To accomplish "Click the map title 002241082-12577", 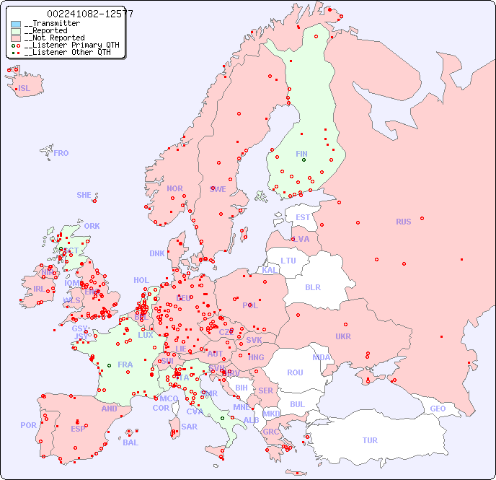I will coord(89,14).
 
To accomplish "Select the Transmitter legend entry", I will coord(51,24).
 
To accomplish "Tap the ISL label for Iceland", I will coord(25,89).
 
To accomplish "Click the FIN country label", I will coord(301,154).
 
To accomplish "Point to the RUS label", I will coord(403,222).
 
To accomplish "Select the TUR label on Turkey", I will coord(370,440).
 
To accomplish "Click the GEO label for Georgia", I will coord(438,409).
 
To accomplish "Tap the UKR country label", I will coord(343,336).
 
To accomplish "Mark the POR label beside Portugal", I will coord(28,425).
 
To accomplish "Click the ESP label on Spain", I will coord(78,429).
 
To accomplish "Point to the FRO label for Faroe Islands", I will coord(61,153).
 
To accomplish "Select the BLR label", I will coord(313,287).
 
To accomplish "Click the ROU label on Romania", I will coord(295,372).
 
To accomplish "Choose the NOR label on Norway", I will coord(174,188).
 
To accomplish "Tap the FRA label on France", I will coord(125,365).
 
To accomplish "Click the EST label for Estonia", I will coord(303,217).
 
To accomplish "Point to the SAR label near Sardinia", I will coord(189,427).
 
